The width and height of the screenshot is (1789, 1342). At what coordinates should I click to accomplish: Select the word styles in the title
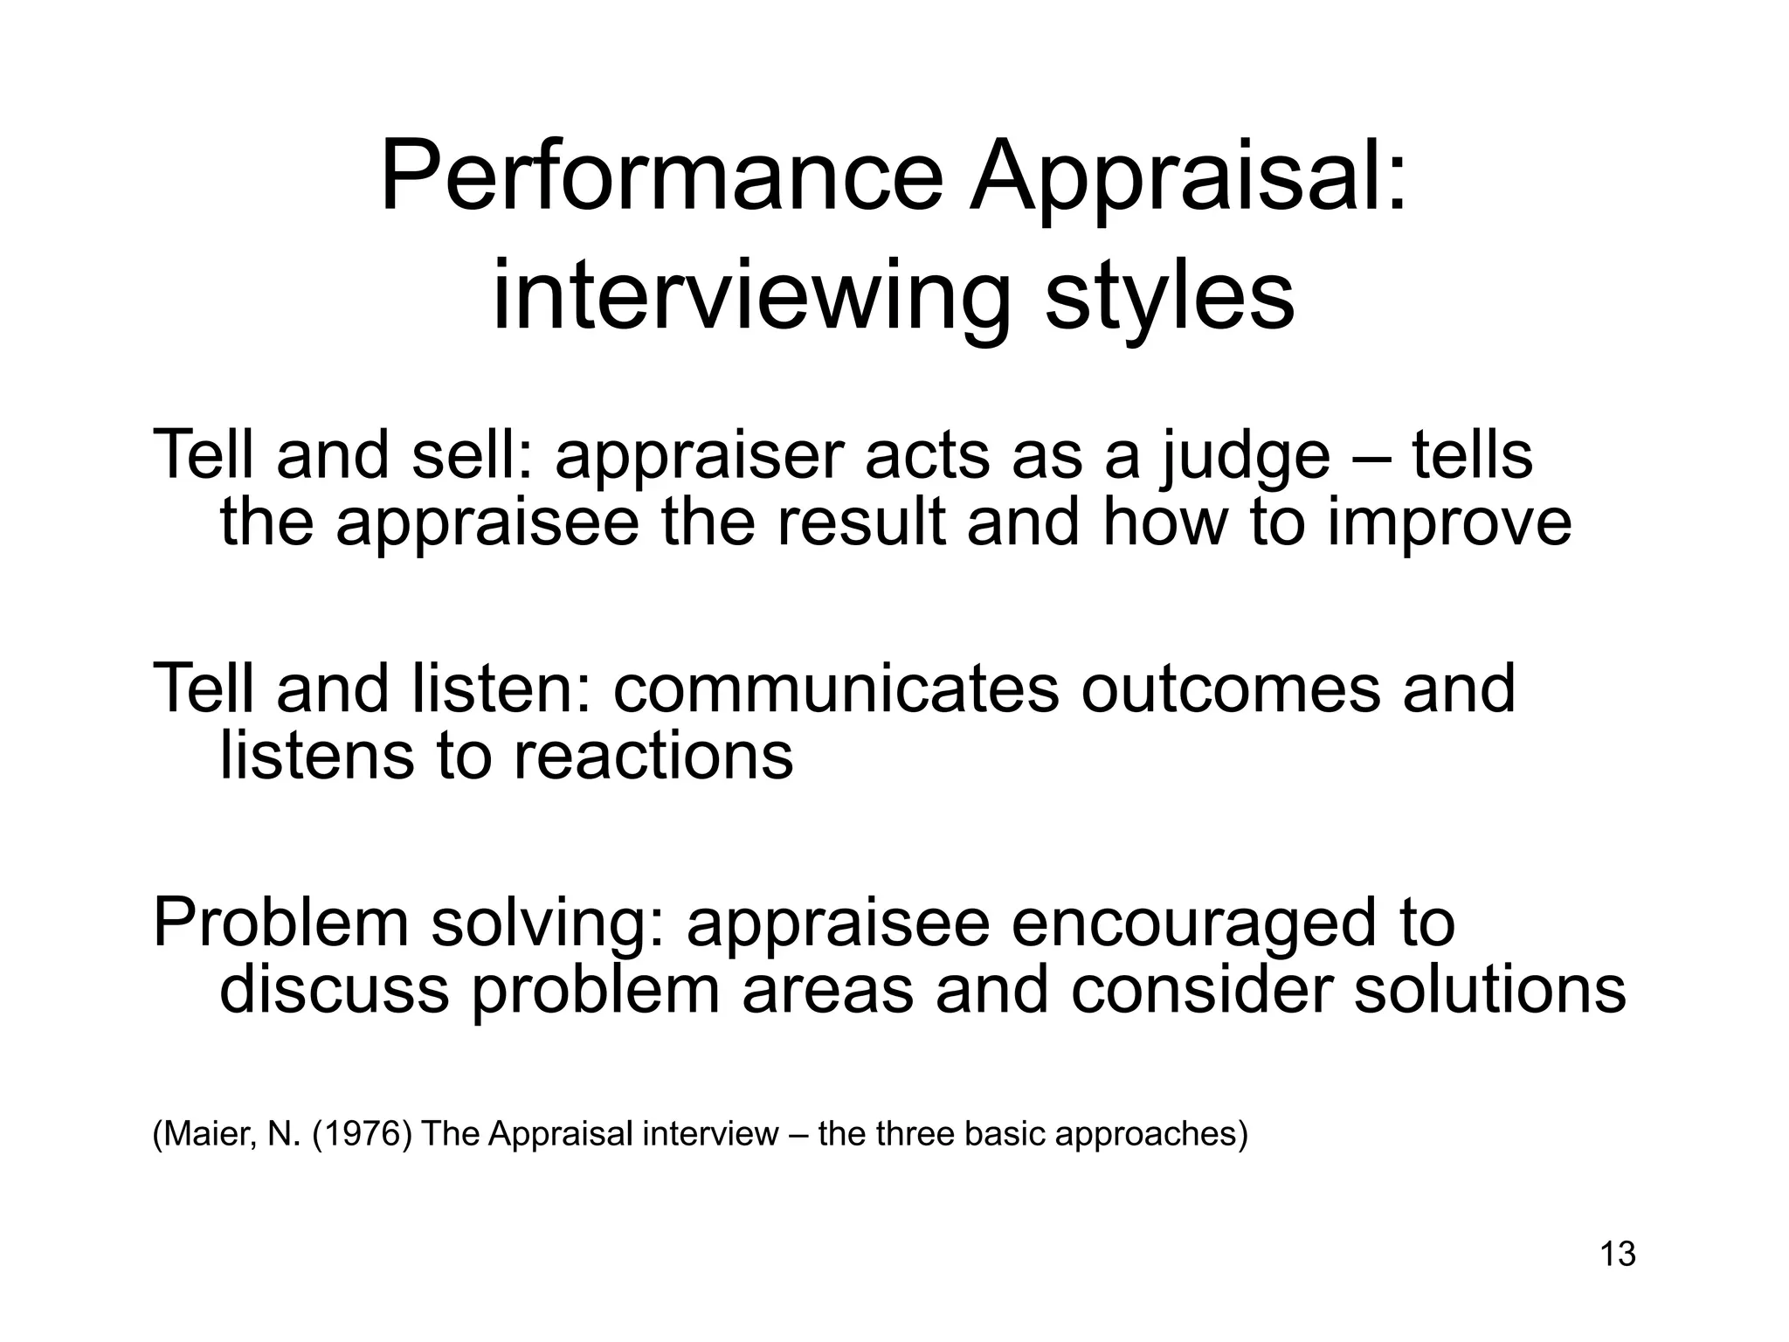coord(1170,299)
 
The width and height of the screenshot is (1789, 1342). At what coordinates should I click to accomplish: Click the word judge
coord(1245,457)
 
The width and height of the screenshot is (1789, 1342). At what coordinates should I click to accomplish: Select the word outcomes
coord(1230,689)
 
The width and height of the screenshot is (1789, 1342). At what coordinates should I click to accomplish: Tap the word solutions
coord(1489,990)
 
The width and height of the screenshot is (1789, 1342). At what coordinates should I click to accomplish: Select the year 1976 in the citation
coord(361,1134)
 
